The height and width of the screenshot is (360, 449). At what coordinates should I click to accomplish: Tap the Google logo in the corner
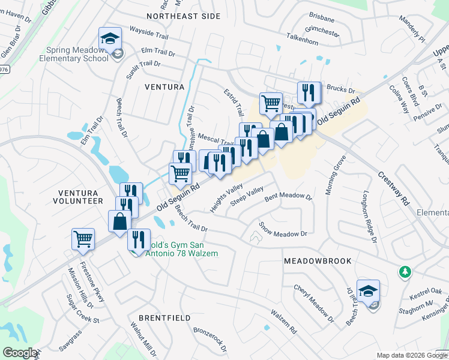pyautogui.click(x=20, y=353)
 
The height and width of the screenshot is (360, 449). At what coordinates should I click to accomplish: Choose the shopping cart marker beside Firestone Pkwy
pyautogui.click(x=83, y=239)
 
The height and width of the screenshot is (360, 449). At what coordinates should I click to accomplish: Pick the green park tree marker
pyautogui.click(x=406, y=273)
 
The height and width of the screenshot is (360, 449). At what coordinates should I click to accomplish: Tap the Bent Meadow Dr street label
pyautogui.click(x=289, y=196)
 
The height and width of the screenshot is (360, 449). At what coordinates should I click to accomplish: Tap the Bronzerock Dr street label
pyautogui.click(x=211, y=339)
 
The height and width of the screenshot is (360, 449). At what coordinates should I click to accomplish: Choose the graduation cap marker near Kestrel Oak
pyautogui.click(x=368, y=292)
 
